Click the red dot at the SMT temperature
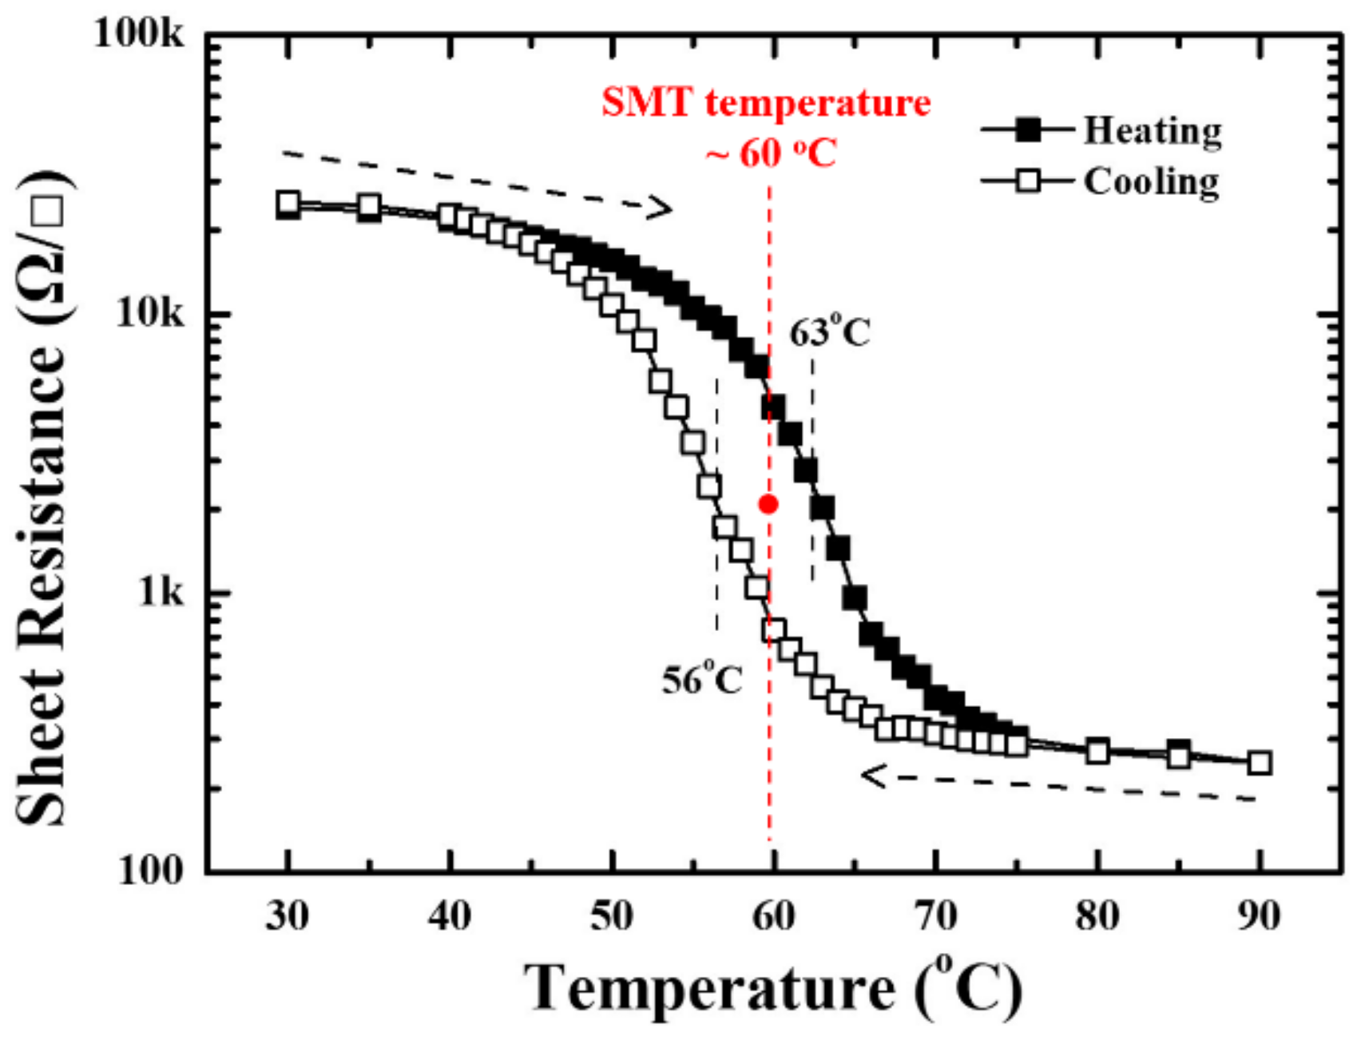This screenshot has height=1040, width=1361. pyautogui.click(x=768, y=504)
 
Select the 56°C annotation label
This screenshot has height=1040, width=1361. pyautogui.click(x=702, y=680)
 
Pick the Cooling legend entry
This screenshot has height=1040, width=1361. pyautogui.click(x=1150, y=182)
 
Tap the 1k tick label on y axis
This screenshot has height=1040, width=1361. pyautogui.click(x=160, y=593)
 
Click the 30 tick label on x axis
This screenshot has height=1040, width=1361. pyautogui.click(x=288, y=916)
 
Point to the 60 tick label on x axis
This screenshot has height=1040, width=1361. pyautogui.click(x=772, y=916)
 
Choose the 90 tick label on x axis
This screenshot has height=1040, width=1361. pyautogui.click(x=1259, y=916)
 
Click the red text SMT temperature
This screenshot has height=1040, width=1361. pyautogui.click(x=766, y=103)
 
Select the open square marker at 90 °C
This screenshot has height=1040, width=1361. pyautogui.click(x=1260, y=763)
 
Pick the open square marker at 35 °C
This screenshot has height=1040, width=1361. pyautogui.click(x=369, y=206)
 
